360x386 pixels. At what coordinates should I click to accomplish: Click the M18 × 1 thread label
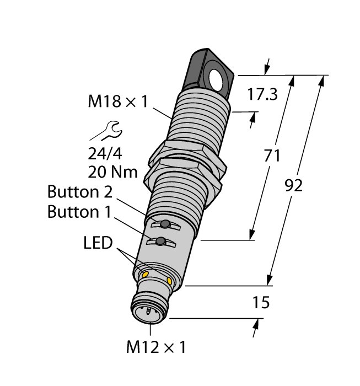[118, 101]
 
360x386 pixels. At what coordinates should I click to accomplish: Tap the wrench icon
[106, 131]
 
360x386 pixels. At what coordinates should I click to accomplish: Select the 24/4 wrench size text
[105, 154]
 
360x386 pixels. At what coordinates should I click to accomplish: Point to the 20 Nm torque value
[112, 172]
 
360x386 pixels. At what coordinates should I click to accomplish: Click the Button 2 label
[80, 191]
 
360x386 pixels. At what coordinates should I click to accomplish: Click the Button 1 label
[79, 211]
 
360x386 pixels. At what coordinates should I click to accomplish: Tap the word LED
[98, 243]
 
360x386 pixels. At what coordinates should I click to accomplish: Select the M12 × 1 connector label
[156, 347]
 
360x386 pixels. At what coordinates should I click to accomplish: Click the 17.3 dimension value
[262, 94]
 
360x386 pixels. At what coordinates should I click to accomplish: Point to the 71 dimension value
[272, 156]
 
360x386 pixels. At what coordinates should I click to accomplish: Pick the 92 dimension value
[293, 186]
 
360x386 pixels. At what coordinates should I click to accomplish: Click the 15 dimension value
[261, 303]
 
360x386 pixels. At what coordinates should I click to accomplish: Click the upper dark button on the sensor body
[165, 224]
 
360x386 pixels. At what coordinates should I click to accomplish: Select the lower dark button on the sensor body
[161, 242]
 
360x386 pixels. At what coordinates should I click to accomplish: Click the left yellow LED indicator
[146, 274]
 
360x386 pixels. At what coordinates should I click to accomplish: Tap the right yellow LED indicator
[169, 281]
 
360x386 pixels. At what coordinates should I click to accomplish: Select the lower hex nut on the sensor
[183, 175]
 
